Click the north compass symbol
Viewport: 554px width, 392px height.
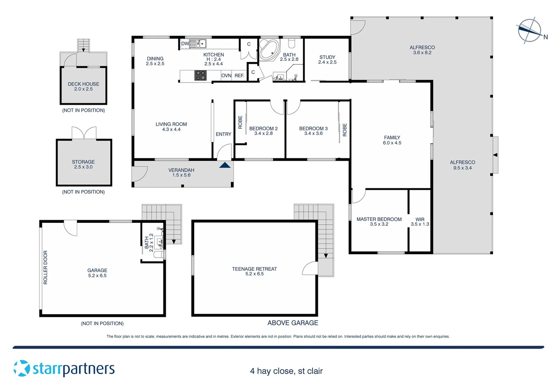[530, 31]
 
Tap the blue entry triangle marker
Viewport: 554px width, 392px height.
[225, 165]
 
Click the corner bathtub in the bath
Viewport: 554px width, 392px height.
[269, 50]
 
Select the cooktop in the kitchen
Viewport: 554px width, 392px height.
[200, 75]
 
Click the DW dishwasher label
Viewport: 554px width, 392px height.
[185, 44]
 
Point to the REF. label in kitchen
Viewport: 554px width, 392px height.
[239, 75]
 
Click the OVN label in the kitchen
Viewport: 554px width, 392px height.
[226, 75]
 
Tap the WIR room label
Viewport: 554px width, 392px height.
[420, 219]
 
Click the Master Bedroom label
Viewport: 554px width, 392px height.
[379, 219]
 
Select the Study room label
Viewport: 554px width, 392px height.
[327, 57]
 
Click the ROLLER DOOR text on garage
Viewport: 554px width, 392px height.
[45, 267]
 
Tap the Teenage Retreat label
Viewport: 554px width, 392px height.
[254, 269]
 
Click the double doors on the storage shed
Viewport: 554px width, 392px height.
[84, 133]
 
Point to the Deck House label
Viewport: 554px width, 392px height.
[83, 84]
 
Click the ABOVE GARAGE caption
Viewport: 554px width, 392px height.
[293, 323]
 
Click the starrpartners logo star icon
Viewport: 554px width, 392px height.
[22, 368]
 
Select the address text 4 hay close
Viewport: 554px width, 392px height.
[286, 371]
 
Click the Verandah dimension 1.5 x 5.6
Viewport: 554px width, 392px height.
[181, 175]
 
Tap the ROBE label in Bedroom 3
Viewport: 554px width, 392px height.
[344, 130]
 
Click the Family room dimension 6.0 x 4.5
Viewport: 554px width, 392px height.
[392, 143]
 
